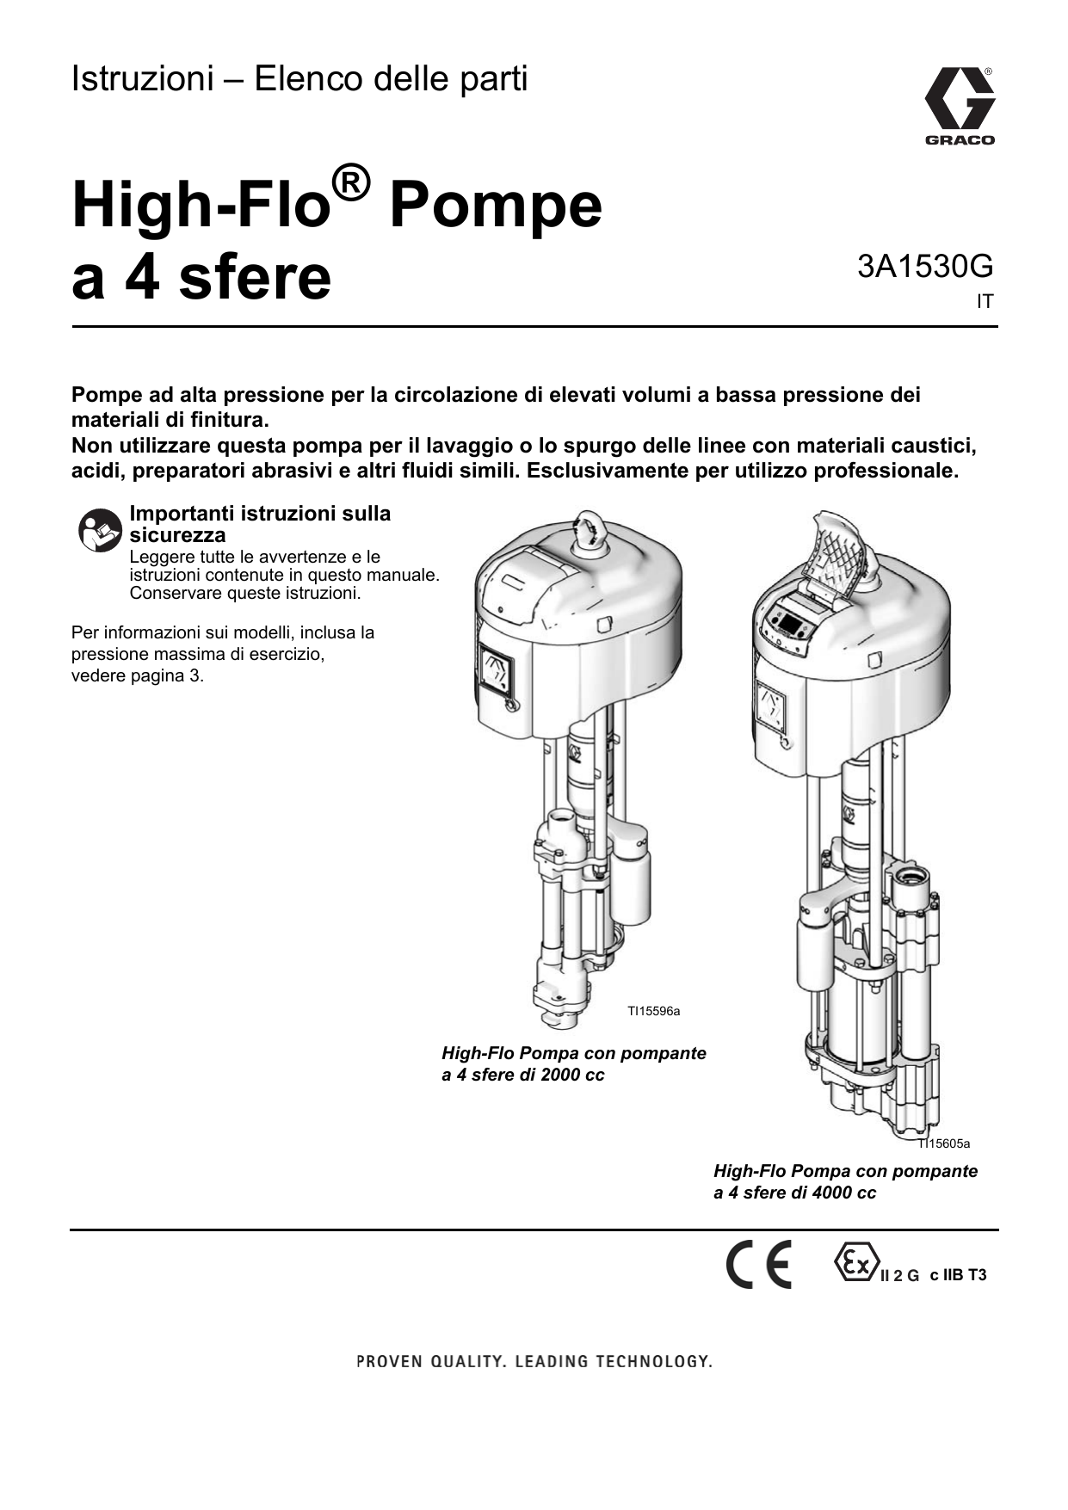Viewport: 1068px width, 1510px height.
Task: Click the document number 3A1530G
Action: (x=924, y=267)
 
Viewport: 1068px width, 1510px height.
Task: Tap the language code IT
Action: (x=984, y=303)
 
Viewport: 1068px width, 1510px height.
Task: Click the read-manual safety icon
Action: (x=100, y=530)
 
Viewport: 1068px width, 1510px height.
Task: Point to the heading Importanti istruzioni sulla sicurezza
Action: (x=259, y=524)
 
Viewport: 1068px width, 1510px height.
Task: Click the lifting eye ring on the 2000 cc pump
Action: (x=591, y=528)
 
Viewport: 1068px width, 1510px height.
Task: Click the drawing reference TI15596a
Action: (x=653, y=1011)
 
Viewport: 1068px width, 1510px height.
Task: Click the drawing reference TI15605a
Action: (x=944, y=1143)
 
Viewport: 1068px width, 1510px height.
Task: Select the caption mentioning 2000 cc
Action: (x=573, y=1064)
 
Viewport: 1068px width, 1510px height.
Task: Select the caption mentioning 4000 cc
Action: (x=845, y=1181)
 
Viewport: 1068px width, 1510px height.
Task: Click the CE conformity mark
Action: (x=758, y=1265)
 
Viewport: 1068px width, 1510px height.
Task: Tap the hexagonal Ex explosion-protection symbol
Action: (x=855, y=1262)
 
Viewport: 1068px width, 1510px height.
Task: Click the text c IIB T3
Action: (x=958, y=1275)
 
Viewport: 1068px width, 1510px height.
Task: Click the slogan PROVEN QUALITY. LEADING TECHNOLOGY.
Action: (x=534, y=1361)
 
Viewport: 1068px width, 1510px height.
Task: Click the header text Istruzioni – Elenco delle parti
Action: (x=299, y=79)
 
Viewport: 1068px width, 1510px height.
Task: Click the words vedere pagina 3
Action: (x=137, y=675)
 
